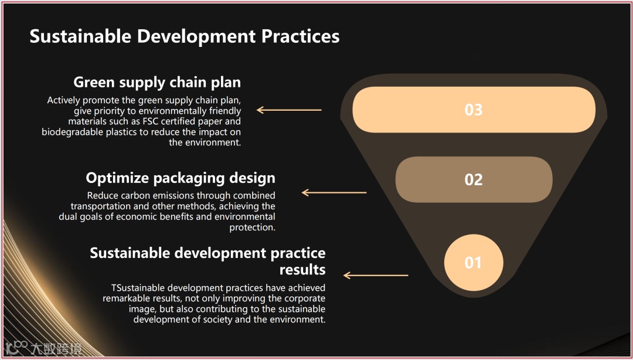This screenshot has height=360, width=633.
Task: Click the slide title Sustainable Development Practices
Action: point(184,36)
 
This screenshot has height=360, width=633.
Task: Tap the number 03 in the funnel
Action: point(473,110)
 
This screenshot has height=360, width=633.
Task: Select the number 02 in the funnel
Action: point(473,179)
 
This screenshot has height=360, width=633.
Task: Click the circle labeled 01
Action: point(473,263)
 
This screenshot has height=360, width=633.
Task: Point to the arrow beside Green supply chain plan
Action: point(289,110)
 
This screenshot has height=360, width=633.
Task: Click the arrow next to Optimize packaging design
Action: point(333,192)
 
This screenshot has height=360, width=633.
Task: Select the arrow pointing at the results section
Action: point(376,275)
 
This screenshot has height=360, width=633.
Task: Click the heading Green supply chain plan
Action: point(157,81)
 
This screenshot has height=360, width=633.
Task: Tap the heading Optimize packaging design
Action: point(181,177)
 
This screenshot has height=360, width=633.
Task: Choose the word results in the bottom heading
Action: point(302,270)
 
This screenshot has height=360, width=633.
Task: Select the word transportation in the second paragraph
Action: point(100,206)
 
